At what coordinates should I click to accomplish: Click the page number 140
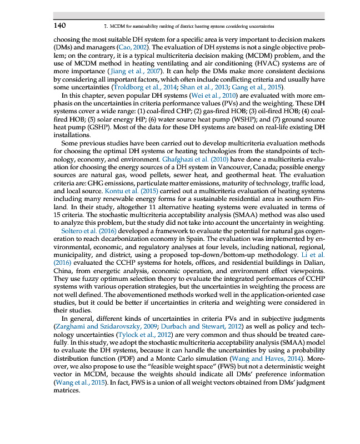pyautogui.click(x=60, y=26)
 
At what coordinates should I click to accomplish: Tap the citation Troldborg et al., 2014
pyautogui.click(x=143, y=87)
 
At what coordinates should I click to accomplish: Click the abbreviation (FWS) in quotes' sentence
pyautogui.click(x=196, y=366)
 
